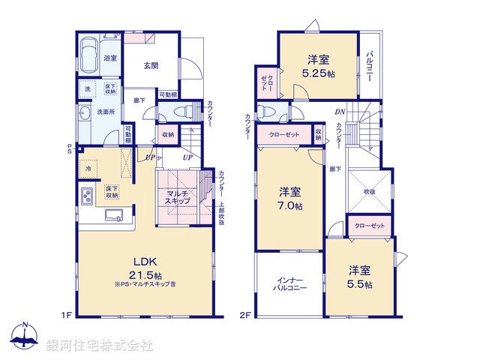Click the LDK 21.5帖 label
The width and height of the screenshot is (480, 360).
[x=145, y=268]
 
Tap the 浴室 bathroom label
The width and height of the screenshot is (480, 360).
[x=109, y=57]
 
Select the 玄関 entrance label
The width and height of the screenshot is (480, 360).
[x=151, y=65]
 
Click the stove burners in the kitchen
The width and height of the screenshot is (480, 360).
[x=86, y=197]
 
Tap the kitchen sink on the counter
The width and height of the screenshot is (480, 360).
[x=115, y=217]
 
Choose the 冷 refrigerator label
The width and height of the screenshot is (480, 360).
[x=88, y=169]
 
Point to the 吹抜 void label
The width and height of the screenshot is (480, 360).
[x=369, y=192]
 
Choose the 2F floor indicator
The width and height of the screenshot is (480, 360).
[x=244, y=314]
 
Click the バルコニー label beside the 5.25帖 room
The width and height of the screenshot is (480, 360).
[x=370, y=67]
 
